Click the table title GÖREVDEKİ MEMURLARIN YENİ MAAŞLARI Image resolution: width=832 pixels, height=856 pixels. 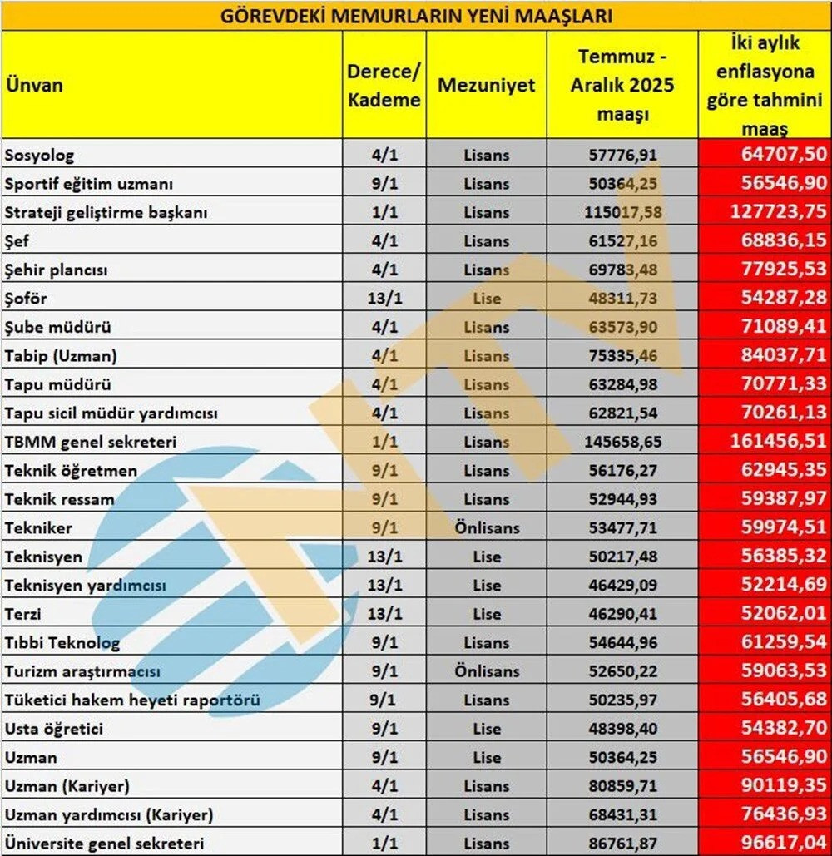(x=416, y=16)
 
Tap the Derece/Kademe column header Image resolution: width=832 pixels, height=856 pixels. (x=384, y=85)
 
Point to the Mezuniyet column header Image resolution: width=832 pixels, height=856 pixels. (x=487, y=85)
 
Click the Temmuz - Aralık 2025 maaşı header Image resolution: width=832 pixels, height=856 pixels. (x=622, y=85)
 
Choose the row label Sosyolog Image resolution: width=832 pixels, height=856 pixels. (x=39, y=155)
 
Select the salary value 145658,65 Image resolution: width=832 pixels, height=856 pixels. (x=623, y=442)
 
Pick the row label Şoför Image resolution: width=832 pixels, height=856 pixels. (x=27, y=298)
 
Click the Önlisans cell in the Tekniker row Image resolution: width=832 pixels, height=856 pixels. (x=487, y=528)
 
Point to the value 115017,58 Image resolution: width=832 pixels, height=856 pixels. (x=623, y=212)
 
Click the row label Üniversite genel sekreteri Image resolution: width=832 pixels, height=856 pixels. (x=105, y=844)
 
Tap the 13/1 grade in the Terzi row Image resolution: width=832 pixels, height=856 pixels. (x=384, y=614)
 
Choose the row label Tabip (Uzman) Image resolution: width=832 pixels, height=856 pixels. (x=61, y=356)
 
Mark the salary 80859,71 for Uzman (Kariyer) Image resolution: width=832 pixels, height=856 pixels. (x=623, y=786)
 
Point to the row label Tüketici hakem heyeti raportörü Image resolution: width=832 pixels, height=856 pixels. (x=132, y=700)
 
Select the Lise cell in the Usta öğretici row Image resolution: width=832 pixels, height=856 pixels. (x=487, y=729)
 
